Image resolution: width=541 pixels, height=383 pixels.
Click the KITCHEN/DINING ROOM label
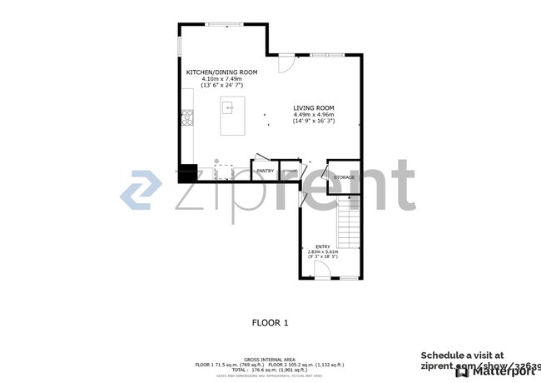click(221, 72)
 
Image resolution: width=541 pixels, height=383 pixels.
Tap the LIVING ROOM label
click(313, 108)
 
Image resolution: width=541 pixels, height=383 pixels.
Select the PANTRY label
click(265, 172)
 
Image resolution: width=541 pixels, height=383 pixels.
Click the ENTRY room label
click(322, 246)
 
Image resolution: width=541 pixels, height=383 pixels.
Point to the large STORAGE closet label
click(344, 177)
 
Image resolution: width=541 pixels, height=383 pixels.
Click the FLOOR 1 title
click(270, 322)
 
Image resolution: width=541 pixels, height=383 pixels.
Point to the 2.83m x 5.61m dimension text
click(322, 252)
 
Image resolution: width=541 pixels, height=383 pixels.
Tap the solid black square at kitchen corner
click(187, 174)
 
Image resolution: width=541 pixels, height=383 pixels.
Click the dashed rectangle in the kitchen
click(224, 172)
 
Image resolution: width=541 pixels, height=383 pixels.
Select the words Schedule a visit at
click(462, 355)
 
